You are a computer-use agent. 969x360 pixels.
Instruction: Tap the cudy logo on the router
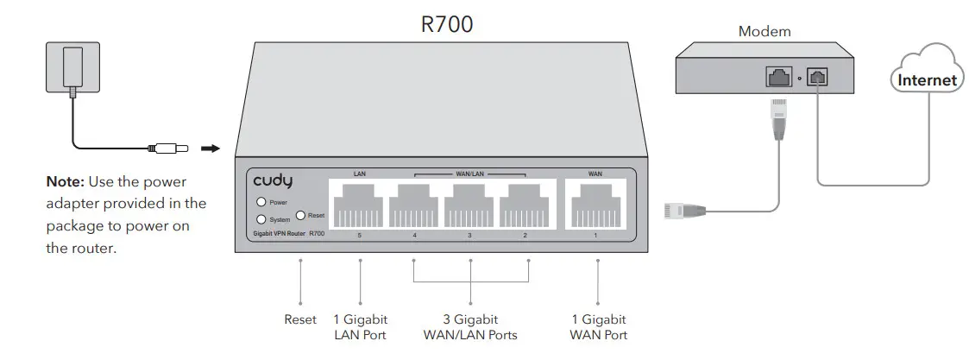273,181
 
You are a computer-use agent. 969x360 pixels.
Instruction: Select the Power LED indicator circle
261,202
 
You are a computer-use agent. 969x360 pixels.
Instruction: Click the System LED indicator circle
261,218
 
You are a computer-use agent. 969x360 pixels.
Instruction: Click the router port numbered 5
358,205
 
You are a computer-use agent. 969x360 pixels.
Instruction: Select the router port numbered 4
415,205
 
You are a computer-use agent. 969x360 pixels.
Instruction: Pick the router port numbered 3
470,205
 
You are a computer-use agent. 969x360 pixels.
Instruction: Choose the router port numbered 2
526,205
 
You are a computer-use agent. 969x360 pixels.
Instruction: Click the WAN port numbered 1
595,205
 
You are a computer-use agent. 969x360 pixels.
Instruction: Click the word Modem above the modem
765,32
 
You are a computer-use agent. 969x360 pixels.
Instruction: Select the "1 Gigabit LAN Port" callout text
360,327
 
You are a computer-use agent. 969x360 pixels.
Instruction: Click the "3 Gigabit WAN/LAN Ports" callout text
470,327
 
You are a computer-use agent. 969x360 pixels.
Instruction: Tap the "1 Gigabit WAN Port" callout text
598,327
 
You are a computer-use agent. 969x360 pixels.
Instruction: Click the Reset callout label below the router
300,319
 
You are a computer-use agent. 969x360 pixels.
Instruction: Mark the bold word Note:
66,183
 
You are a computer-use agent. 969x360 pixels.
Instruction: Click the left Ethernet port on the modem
778,78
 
